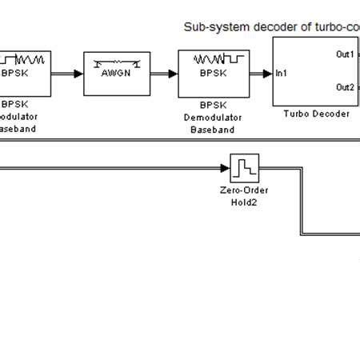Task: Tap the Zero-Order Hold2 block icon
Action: point(242,170)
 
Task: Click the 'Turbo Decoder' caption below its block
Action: point(316,114)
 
